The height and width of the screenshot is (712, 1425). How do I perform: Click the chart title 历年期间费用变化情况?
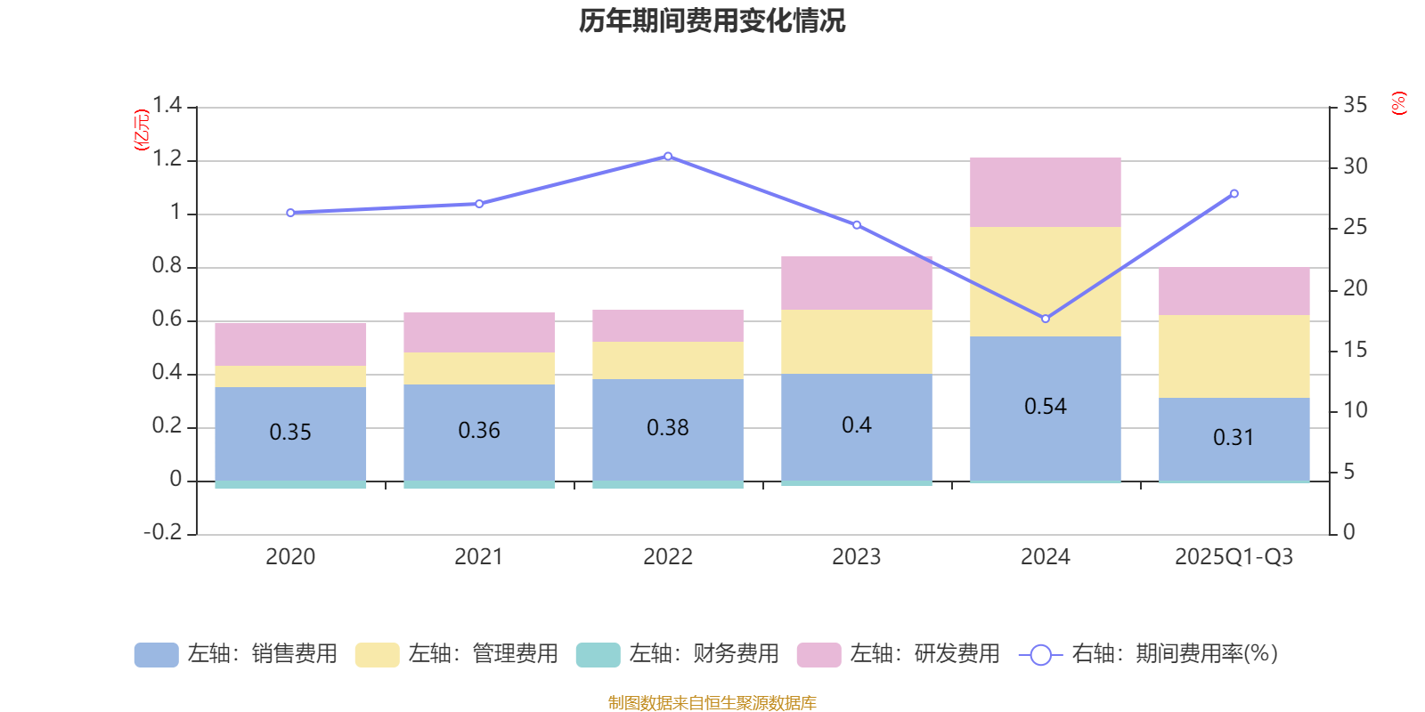(x=712, y=20)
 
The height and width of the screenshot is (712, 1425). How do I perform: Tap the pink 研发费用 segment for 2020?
(x=290, y=344)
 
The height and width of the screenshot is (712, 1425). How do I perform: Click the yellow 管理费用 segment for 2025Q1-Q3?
(x=1234, y=356)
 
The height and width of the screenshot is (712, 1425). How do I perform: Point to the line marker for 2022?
(x=668, y=157)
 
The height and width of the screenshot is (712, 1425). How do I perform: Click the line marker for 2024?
(x=1046, y=319)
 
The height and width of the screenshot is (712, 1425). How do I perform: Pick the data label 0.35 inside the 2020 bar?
(x=290, y=433)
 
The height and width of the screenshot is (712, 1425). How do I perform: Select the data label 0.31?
(x=1234, y=438)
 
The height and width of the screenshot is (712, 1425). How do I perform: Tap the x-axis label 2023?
(x=856, y=557)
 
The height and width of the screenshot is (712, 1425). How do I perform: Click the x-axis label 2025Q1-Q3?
(x=1234, y=557)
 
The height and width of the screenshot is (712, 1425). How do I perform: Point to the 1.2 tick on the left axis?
(x=167, y=159)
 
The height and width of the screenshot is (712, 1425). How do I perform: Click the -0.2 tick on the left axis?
(x=163, y=532)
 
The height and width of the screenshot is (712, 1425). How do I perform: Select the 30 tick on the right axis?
(x=1356, y=166)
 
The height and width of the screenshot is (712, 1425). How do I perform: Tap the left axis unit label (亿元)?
(x=142, y=130)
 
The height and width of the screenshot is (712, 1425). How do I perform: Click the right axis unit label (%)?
(x=1399, y=103)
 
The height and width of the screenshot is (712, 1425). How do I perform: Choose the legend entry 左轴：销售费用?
(x=236, y=654)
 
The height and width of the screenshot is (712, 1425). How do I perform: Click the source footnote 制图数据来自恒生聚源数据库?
(x=712, y=703)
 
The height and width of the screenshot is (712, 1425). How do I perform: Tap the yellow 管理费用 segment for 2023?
(x=856, y=342)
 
